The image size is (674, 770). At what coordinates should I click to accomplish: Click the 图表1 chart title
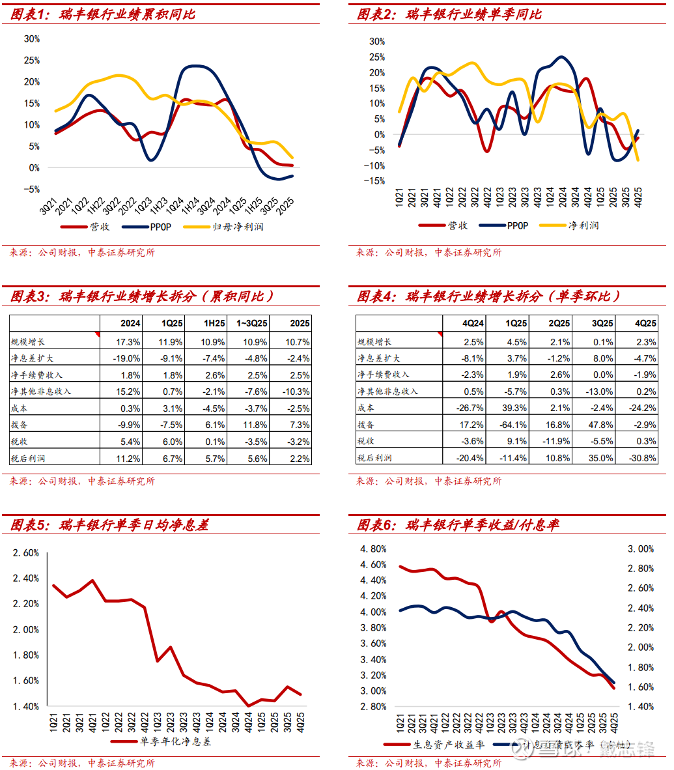(x=102, y=14)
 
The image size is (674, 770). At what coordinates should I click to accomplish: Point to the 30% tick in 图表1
(x=32, y=39)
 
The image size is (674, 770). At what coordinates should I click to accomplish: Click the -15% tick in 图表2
(x=377, y=181)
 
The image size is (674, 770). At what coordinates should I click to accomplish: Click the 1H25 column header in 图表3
(x=214, y=323)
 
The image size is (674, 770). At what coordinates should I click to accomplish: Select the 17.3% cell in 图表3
(x=128, y=341)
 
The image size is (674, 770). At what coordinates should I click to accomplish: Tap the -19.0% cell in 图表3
(x=127, y=358)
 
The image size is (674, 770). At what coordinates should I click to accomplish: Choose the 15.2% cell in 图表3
(x=128, y=392)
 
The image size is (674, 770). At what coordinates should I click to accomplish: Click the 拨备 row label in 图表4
(x=366, y=424)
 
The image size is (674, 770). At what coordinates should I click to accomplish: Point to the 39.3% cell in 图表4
(x=516, y=408)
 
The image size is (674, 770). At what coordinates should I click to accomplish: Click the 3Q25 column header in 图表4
(x=602, y=323)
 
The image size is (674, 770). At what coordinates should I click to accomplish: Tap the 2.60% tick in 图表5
(x=26, y=553)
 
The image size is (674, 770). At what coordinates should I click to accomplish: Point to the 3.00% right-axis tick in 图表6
(x=641, y=549)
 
